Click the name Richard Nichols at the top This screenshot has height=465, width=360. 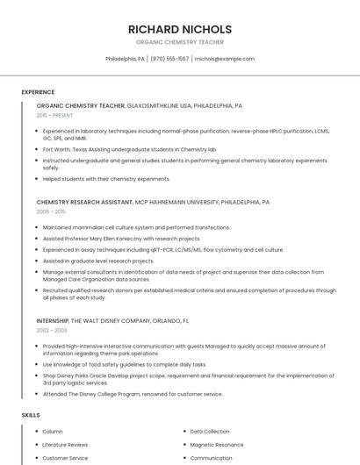[x=180, y=29]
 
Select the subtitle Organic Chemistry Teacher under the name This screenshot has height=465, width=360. [x=180, y=42]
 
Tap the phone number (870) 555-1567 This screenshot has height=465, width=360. [x=169, y=59]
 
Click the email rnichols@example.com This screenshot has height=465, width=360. [x=225, y=59]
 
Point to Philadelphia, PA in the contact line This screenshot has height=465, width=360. [x=126, y=59]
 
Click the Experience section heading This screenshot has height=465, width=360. [x=38, y=92]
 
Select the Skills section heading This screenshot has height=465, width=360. [x=31, y=414]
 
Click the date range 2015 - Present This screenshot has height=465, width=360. [x=54, y=115]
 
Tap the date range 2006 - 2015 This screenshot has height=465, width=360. [x=51, y=211]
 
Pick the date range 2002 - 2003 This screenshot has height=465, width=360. [x=51, y=330]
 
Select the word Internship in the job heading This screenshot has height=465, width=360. [x=53, y=320]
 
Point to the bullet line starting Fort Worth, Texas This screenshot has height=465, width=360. [x=129, y=150]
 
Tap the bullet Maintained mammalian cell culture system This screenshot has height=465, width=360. [x=136, y=227]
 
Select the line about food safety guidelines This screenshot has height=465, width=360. [x=125, y=364]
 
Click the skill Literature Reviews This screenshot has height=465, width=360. [x=66, y=445]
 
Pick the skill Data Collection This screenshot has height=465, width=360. [x=210, y=432]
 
